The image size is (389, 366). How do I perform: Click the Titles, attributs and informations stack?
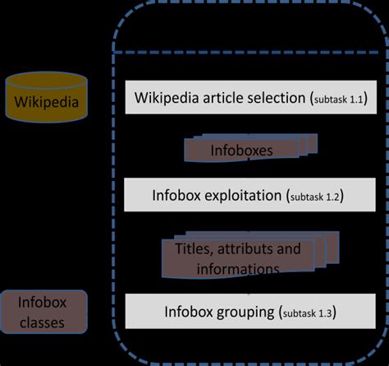[238, 258]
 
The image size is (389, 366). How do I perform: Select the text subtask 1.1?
[339, 100]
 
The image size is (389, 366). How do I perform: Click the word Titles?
[190, 248]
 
